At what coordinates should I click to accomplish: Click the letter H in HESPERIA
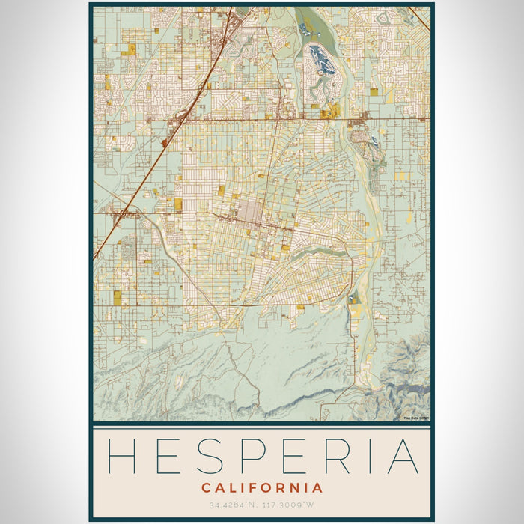click(122, 455)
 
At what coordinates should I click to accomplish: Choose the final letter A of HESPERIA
click(403, 455)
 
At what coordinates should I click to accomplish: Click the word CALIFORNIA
click(262, 487)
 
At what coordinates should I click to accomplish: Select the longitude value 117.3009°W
click(288, 506)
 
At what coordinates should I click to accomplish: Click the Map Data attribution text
click(415, 418)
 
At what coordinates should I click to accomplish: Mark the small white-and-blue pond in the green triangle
click(351, 300)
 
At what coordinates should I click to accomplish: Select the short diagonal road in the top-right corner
click(422, 19)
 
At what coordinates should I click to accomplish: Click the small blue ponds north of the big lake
click(305, 29)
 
